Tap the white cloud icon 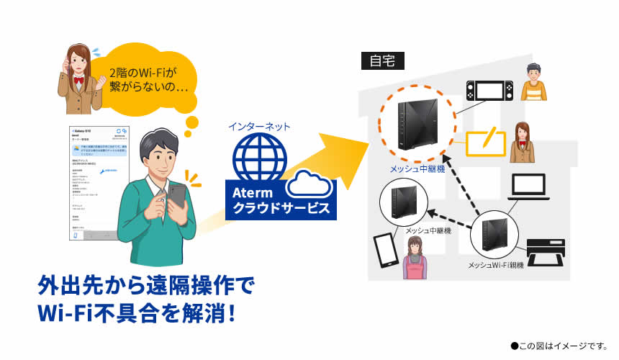pyautogui.click(x=309, y=186)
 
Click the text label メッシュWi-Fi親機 pyautogui.click(x=496, y=266)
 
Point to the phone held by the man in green pyautogui.click(x=177, y=195)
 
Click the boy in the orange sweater pyautogui.click(x=533, y=82)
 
